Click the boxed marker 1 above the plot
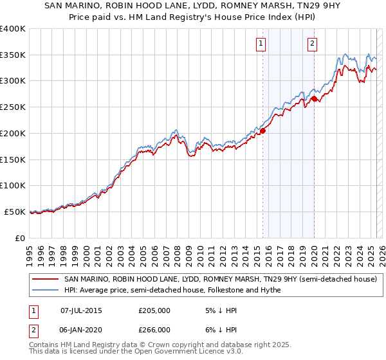point(261,44)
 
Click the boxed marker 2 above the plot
point(312,44)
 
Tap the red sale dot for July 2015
point(262,130)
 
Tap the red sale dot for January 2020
point(314,98)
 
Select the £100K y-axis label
point(13,185)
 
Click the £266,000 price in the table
point(154,329)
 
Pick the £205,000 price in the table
point(154,310)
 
